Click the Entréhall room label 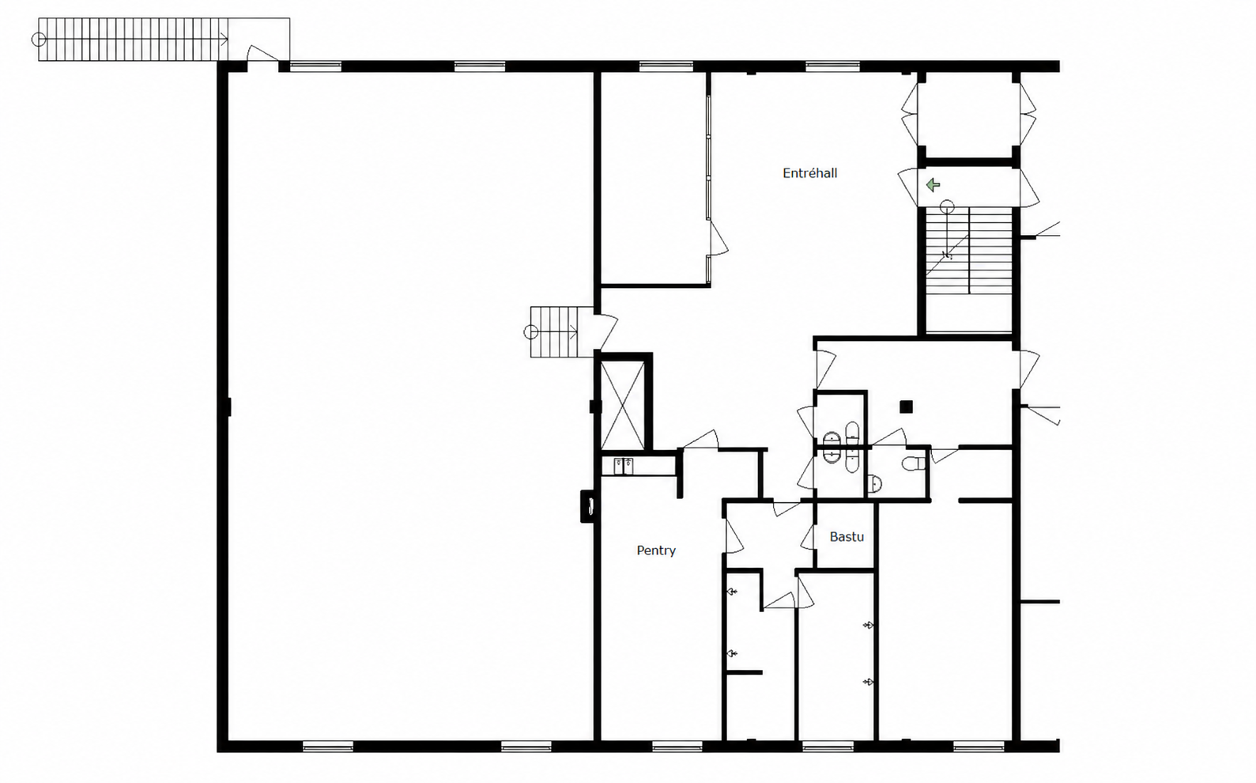pyautogui.click(x=809, y=173)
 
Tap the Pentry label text pyautogui.click(x=656, y=550)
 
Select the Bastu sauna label pyautogui.click(x=847, y=537)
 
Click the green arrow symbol pyautogui.click(x=933, y=184)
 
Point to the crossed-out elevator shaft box pyautogui.click(x=622, y=406)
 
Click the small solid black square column pyautogui.click(x=906, y=407)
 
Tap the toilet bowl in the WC pyautogui.click(x=914, y=463)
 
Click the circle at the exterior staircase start pyautogui.click(x=38, y=40)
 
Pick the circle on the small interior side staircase pyautogui.click(x=530, y=332)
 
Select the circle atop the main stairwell pyautogui.click(x=947, y=207)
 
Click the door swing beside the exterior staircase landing pyautogui.click(x=262, y=54)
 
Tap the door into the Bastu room pyautogui.click(x=808, y=537)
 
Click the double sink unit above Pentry pyautogui.click(x=624, y=467)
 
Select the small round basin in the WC pyautogui.click(x=875, y=483)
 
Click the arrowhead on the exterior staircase pyautogui.click(x=224, y=40)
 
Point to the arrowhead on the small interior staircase pyautogui.click(x=574, y=332)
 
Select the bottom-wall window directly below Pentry pyautogui.click(x=677, y=747)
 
